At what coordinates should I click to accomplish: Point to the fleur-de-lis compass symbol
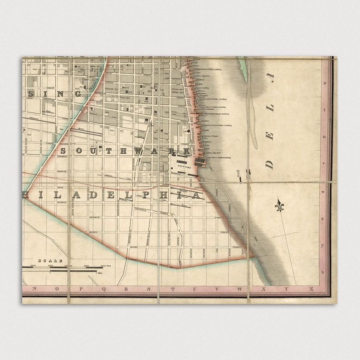pos(279,207)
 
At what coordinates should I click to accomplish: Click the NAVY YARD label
pos(185,166)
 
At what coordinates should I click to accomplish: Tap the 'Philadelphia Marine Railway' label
pos(216,114)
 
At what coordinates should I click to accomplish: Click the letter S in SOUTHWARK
pos(63,151)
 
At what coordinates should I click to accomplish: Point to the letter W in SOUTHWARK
pos(139,151)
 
